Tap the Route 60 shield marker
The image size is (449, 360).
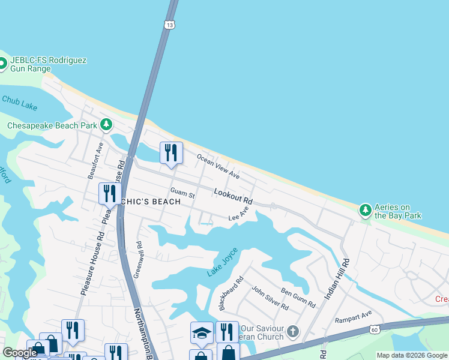tap(375, 329)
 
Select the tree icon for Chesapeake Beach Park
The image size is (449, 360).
tap(106, 125)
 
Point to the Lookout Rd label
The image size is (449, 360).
tap(233, 196)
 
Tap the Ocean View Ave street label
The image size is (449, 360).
tap(218, 166)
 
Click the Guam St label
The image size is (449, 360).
tap(182, 193)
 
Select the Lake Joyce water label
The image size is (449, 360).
tap(222, 262)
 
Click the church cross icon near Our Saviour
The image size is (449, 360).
tap(292, 331)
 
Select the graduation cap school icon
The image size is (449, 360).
tap(202, 332)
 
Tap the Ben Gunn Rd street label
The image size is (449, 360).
tap(298, 298)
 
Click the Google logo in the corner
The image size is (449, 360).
tap(20, 353)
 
